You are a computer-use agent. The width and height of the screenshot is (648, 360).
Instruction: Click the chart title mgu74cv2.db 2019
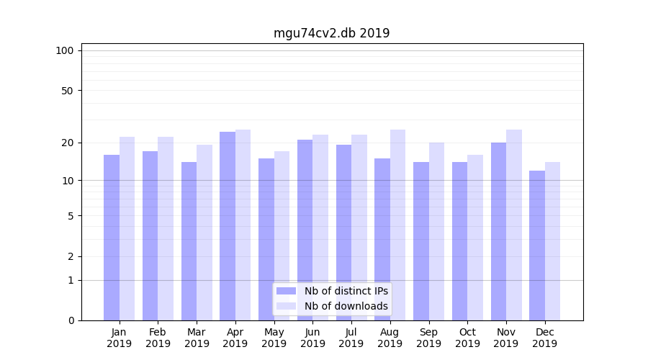click(x=331, y=33)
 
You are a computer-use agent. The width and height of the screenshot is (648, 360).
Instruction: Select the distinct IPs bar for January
click(x=112, y=238)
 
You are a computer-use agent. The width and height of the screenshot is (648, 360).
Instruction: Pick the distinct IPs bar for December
click(x=537, y=245)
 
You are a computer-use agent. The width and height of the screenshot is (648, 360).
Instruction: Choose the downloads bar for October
click(x=475, y=238)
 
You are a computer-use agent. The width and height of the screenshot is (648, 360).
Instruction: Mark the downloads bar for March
click(x=204, y=232)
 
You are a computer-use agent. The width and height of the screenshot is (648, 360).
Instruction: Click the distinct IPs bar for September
click(x=421, y=241)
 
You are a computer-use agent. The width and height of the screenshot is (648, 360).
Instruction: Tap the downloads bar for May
click(x=282, y=235)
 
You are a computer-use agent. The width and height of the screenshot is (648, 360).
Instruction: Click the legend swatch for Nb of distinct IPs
click(x=286, y=291)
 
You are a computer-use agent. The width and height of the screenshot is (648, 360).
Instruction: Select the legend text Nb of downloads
click(x=346, y=306)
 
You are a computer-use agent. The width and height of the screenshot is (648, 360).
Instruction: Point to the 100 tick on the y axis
click(x=65, y=50)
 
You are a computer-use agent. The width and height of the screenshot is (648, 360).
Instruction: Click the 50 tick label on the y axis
click(x=67, y=91)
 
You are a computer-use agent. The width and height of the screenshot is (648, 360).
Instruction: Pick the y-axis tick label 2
click(x=71, y=256)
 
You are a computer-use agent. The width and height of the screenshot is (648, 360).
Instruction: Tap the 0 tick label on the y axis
click(x=71, y=320)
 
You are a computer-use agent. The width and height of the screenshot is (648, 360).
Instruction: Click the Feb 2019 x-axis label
click(x=158, y=338)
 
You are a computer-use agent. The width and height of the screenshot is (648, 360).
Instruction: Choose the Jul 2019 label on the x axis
click(x=351, y=338)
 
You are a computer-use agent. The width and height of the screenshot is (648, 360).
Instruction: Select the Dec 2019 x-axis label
click(x=544, y=338)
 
